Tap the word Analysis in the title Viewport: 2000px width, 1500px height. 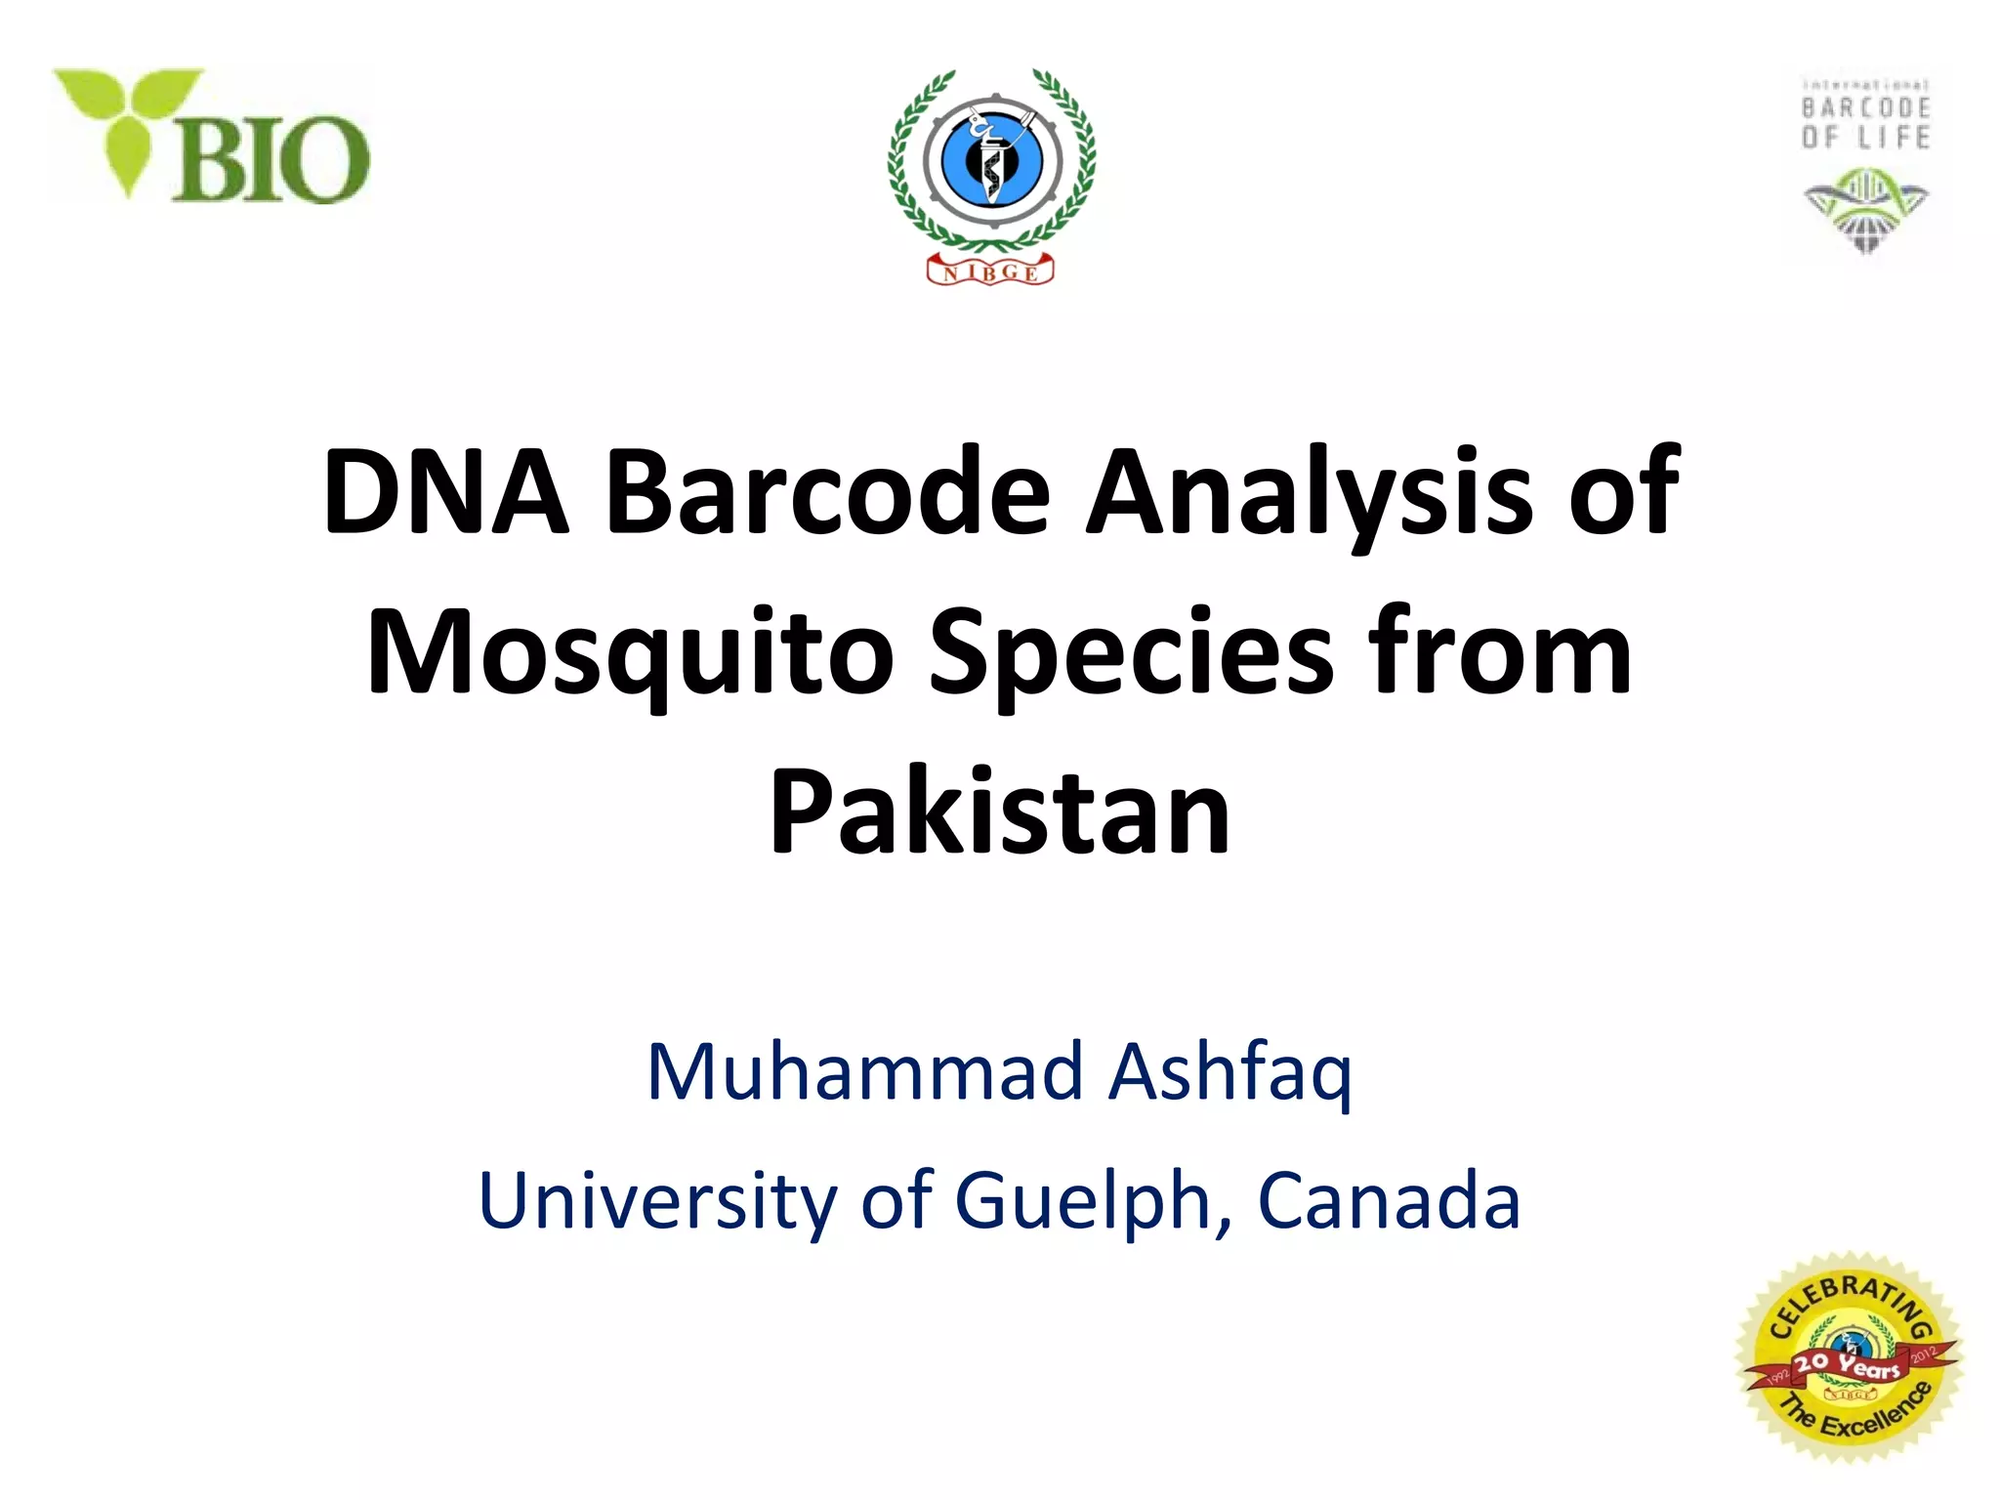pyautogui.click(x=1309, y=494)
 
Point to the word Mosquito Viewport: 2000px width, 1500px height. pyautogui.click(x=630, y=654)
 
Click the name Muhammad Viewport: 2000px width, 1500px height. pyautogui.click(x=864, y=1072)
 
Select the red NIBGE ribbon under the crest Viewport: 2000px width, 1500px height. pyautogui.click(x=990, y=271)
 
